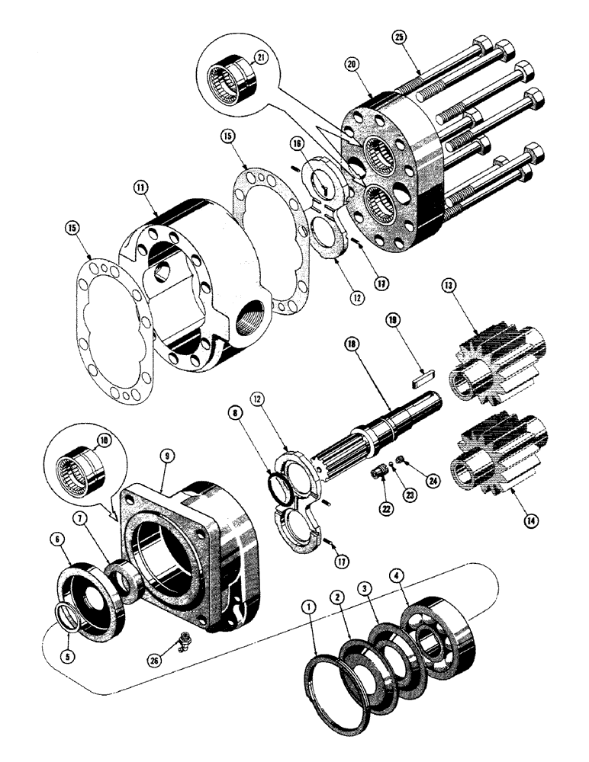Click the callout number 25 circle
click(x=399, y=37)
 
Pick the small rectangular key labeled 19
click(x=423, y=374)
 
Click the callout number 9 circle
click(x=165, y=457)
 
